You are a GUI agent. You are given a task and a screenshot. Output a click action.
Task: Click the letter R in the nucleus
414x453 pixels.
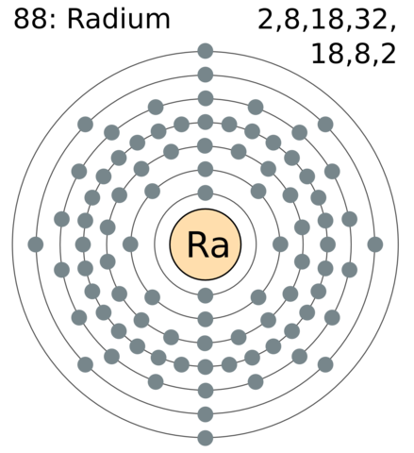click(196, 245)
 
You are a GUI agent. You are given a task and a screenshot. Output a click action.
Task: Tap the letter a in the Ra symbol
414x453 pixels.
click(217, 247)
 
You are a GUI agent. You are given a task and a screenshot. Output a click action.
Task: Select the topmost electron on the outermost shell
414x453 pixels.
click(206, 50)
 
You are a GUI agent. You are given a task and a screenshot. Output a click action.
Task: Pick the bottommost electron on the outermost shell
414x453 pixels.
click(206, 438)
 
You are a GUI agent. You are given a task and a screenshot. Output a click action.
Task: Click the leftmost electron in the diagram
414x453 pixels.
click(37, 244)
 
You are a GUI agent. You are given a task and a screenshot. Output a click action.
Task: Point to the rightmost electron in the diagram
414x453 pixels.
click(375, 244)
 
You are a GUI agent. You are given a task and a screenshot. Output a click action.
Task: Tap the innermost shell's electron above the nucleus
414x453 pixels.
click(206, 193)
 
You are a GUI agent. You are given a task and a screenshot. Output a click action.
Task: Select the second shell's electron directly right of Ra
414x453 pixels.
click(280, 244)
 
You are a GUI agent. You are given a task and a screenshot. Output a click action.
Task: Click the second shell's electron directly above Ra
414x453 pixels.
click(206, 170)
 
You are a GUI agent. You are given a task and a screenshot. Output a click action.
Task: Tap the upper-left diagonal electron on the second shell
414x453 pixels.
click(153, 192)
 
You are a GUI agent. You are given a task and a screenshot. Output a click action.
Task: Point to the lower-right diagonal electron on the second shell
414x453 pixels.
click(258, 297)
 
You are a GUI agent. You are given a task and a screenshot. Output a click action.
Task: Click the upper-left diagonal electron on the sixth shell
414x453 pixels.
click(86, 124)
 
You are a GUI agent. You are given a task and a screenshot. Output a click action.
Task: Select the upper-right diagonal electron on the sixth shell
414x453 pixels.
click(325, 124)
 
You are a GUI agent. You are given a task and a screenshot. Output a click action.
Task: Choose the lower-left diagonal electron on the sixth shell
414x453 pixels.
click(86, 364)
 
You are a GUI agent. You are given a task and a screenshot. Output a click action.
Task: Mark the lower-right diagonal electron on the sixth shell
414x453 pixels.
click(325, 364)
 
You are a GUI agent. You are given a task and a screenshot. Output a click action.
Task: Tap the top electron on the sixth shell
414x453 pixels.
click(206, 74)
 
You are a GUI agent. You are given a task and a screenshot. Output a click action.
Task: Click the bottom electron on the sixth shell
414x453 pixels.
click(206, 413)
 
